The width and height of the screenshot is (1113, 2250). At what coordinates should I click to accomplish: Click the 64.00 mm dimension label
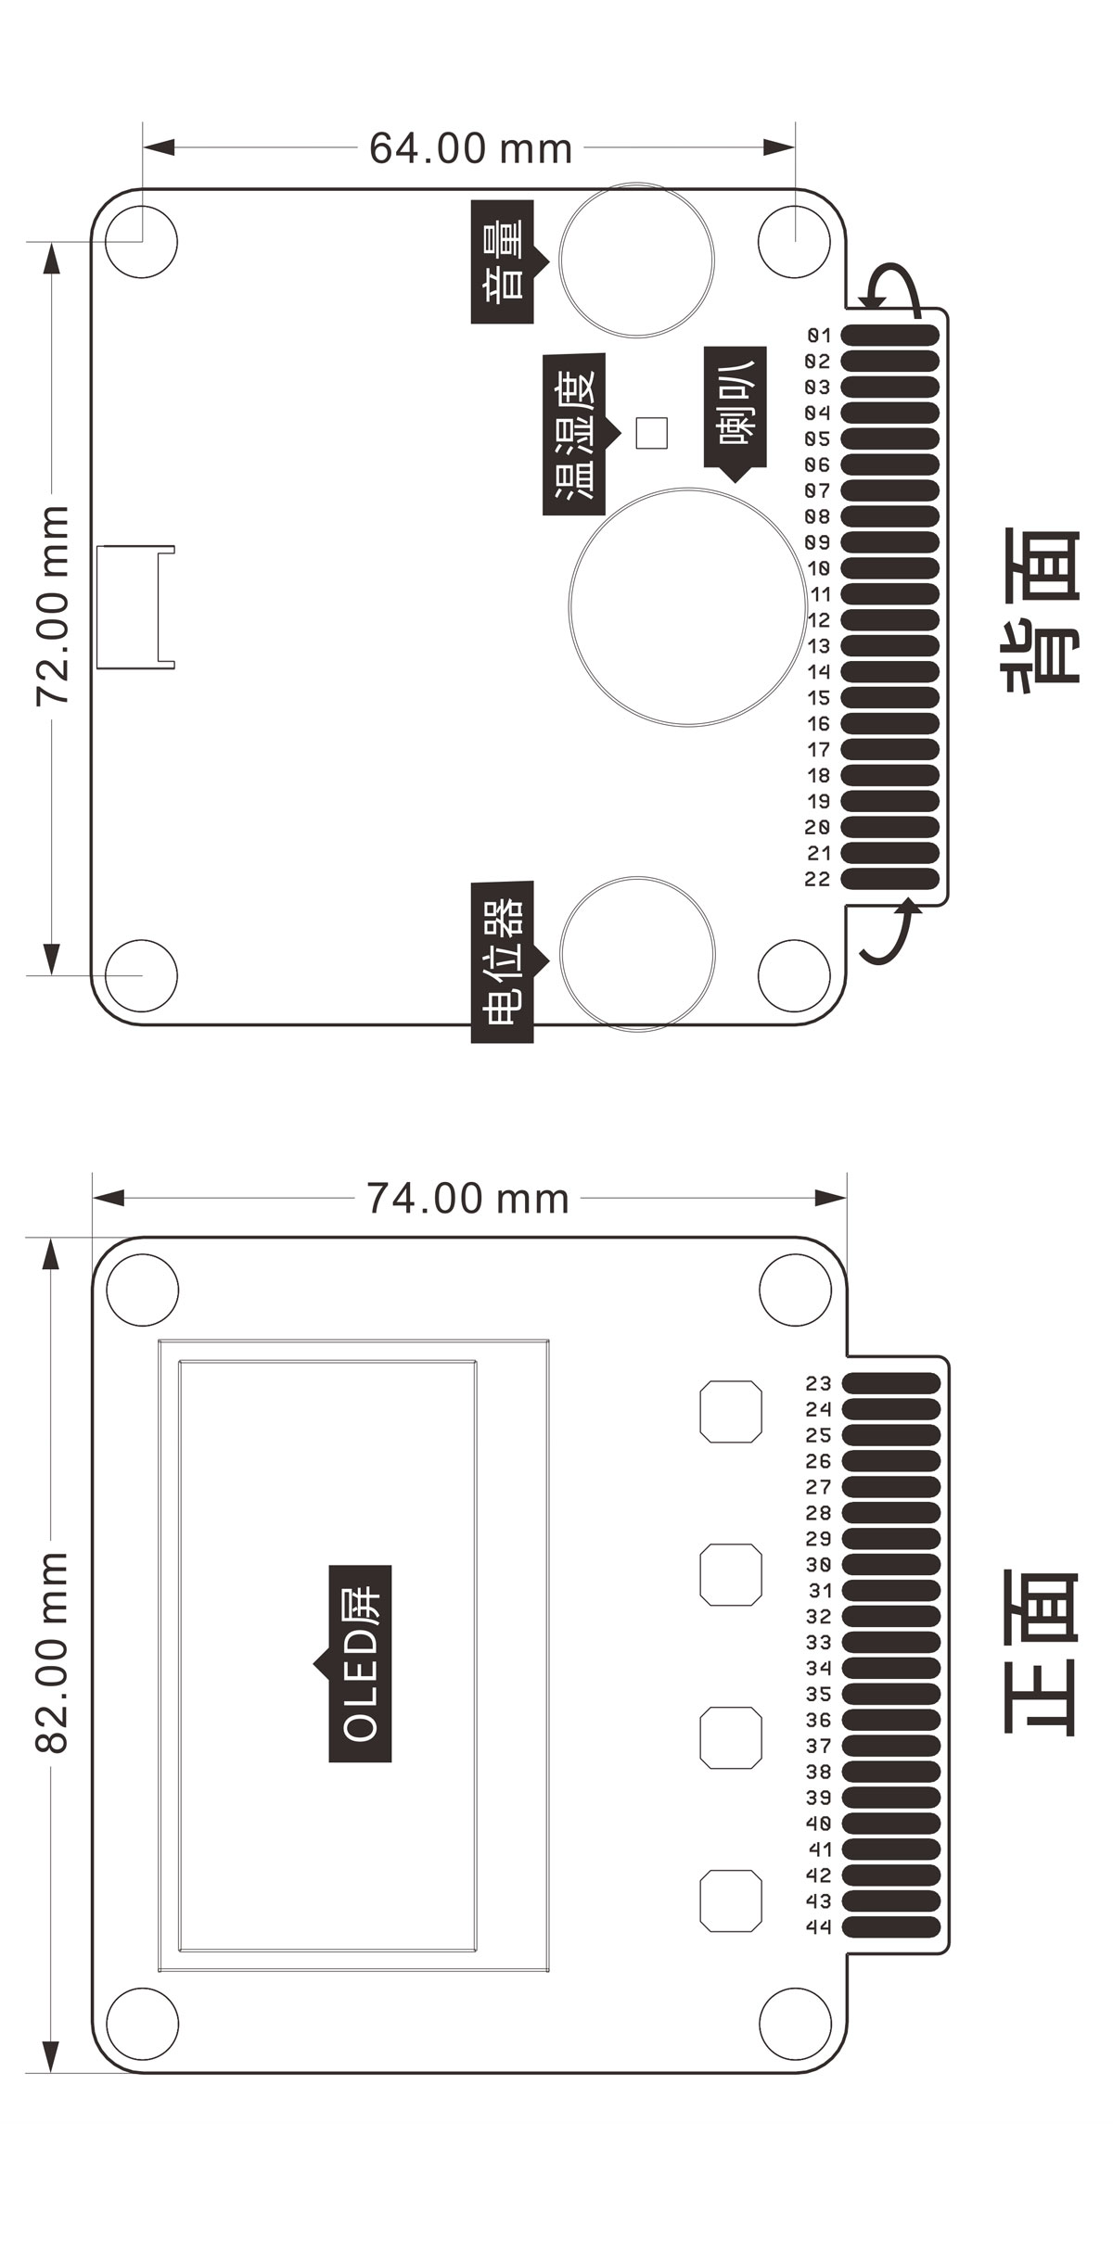[x=470, y=148]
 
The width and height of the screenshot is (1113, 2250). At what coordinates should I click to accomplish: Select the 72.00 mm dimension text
[x=53, y=605]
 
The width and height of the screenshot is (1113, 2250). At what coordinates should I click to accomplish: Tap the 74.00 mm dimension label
[x=467, y=1199]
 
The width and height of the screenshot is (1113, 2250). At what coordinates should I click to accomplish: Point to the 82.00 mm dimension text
[x=53, y=1653]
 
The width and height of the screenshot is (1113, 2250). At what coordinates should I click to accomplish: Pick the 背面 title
[x=1041, y=607]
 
